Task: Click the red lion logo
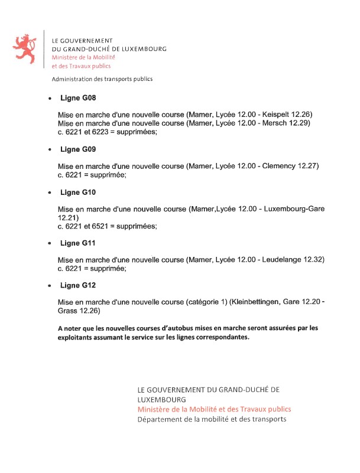click(x=25, y=48)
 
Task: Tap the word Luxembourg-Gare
click(x=294, y=209)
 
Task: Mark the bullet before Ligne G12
click(x=50, y=286)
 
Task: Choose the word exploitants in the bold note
click(x=77, y=338)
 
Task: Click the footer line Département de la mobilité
click(x=211, y=419)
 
